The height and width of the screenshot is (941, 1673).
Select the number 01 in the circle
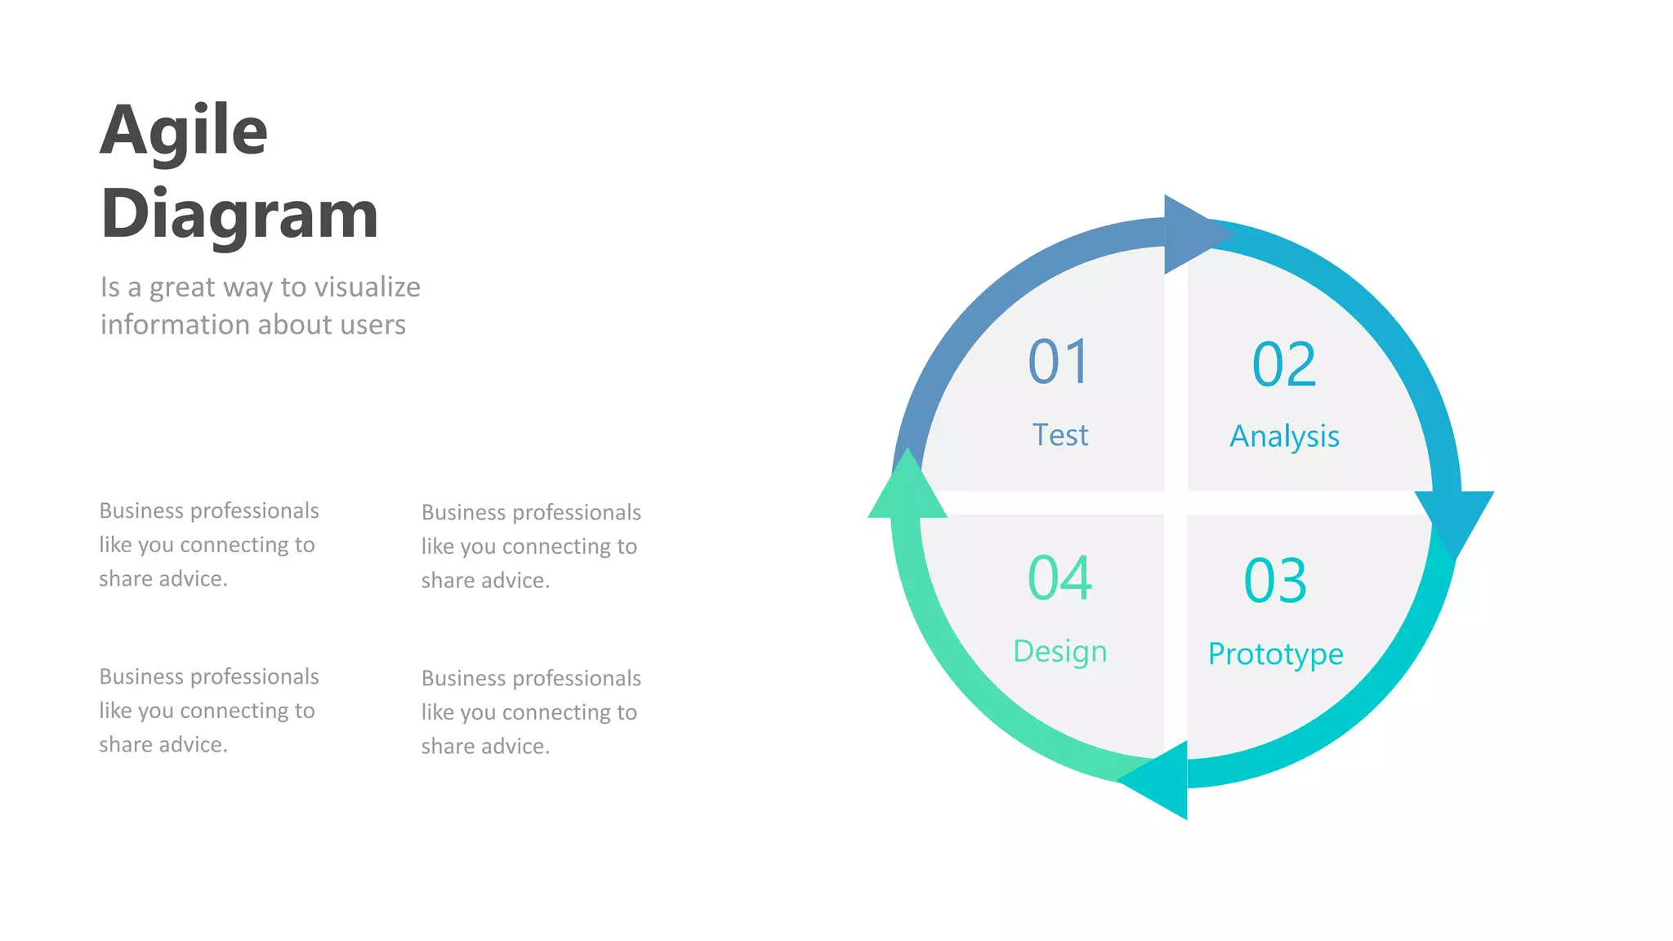click(1059, 362)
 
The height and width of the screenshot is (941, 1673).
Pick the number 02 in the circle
click(1283, 364)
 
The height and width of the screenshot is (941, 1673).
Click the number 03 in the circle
click(1275, 581)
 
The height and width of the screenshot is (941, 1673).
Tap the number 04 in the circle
click(1060, 578)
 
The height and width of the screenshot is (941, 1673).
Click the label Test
click(1060, 435)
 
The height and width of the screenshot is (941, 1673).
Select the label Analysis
click(1284, 437)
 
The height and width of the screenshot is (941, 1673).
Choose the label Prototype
click(1275, 654)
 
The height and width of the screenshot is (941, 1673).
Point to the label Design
click(1060, 652)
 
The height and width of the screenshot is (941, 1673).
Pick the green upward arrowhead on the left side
click(907, 489)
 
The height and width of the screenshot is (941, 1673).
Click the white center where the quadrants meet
click(1176, 502)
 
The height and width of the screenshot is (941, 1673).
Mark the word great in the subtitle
click(181, 288)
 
